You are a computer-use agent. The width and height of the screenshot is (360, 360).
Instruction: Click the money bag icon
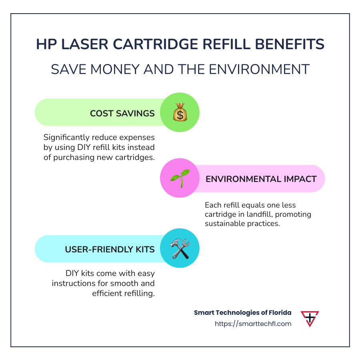180,112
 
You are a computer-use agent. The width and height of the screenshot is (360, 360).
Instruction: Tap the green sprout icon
180,179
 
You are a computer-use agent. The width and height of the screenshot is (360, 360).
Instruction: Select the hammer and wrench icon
180,248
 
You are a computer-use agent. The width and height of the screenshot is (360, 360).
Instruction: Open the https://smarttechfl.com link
253,324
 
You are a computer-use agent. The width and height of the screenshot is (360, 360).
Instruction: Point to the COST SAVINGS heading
122,113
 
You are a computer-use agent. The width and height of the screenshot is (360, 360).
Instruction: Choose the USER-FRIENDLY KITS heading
110,249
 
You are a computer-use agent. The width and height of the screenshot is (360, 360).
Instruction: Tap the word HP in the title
45,44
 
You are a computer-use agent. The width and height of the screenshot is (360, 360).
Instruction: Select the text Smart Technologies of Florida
242,312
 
